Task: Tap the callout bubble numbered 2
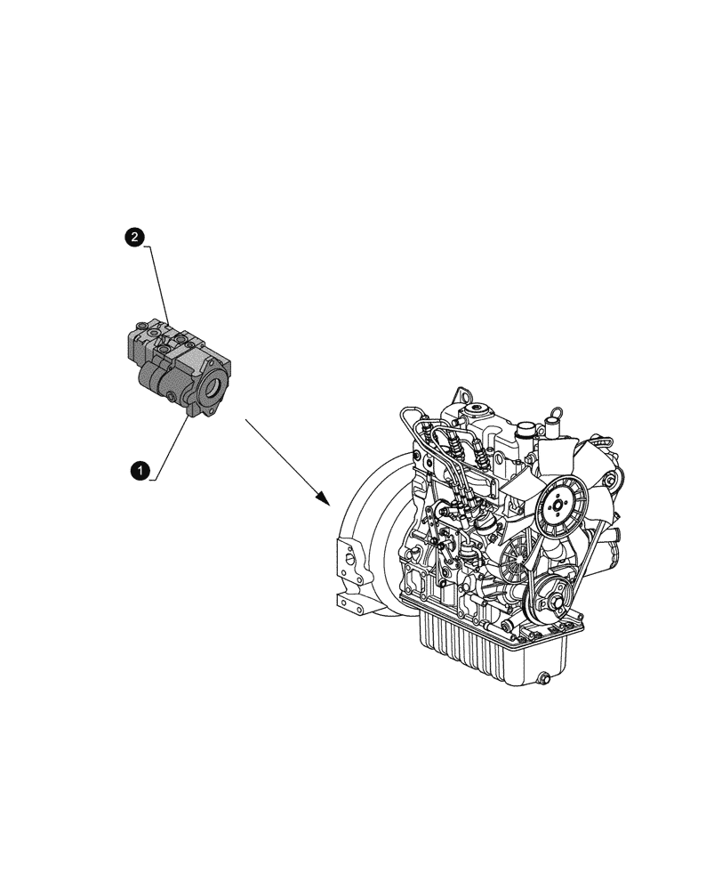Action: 134,237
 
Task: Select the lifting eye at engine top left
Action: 461,394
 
